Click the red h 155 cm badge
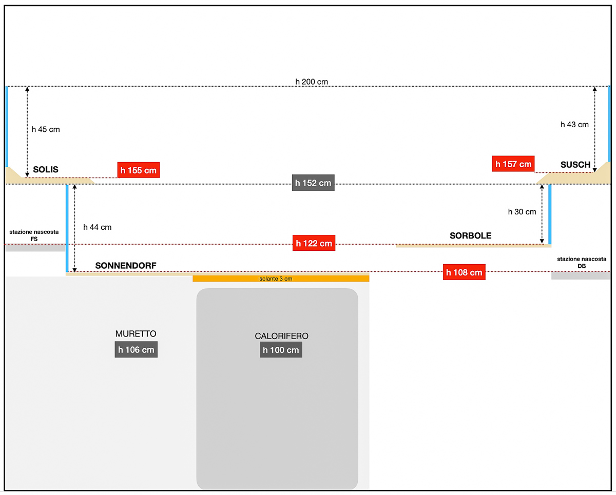[138, 170]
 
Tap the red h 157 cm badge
[513, 164]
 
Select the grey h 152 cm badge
[313, 183]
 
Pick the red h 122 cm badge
[314, 243]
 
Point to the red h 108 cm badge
[464, 272]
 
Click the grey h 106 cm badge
[136, 350]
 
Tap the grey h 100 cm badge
[281, 350]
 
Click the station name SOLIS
[46, 169]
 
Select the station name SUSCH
[575, 165]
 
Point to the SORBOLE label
[470, 236]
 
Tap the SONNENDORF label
[126, 266]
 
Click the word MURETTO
[136, 334]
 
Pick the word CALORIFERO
[281, 336]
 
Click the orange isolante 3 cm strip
[281, 279]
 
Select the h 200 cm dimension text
[312, 82]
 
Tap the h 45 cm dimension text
[46, 129]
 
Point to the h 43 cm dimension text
[574, 124]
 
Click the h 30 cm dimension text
[522, 211]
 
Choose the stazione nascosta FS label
[34, 235]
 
